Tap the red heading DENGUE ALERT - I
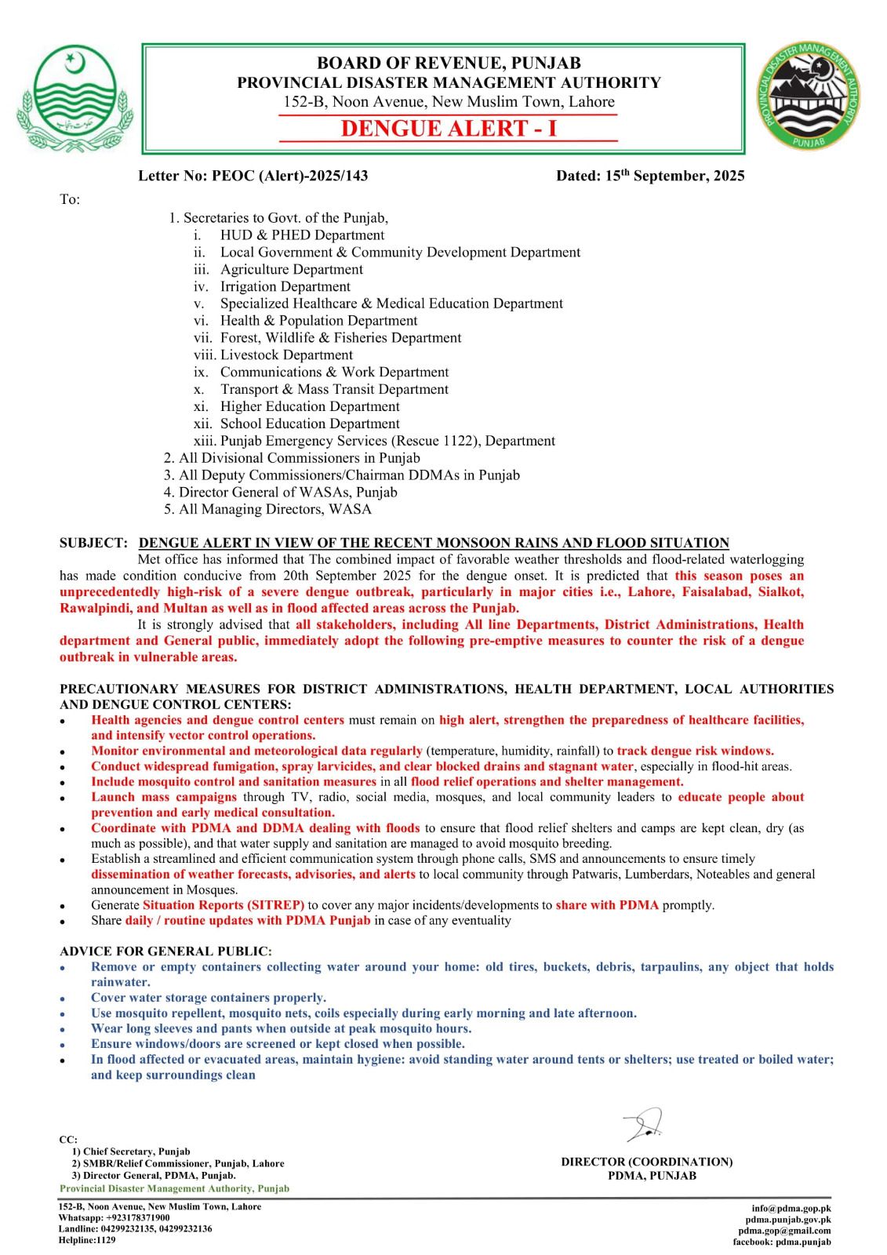[449, 129]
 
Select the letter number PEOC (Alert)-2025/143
[289, 176]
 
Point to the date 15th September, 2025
[650, 176]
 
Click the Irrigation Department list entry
[285, 286]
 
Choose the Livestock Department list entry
[286, 355]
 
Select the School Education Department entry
[310, 424]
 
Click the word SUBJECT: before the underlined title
[93, 543]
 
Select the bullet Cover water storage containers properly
[209, 998]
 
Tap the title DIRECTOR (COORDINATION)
[647, 1162]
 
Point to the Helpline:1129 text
[87, 1240]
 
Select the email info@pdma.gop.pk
[791, 1209]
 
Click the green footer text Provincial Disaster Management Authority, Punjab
[174, 1188]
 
